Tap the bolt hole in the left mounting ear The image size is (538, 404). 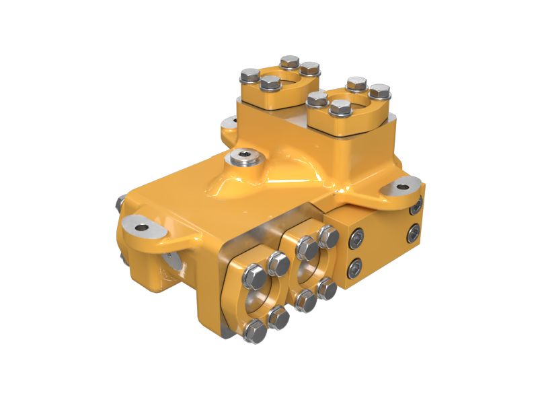(x=141, y=227)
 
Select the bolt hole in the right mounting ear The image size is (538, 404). (x=402, y=187)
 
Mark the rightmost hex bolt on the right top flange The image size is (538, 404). (x=380, y=91)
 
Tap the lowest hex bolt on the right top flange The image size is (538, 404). (x=341, y=108)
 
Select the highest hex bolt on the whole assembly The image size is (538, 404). (x=291, y=61)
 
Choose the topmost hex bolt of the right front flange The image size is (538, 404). (x=328, y=236)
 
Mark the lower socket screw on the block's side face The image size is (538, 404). (x=413, y=234)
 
